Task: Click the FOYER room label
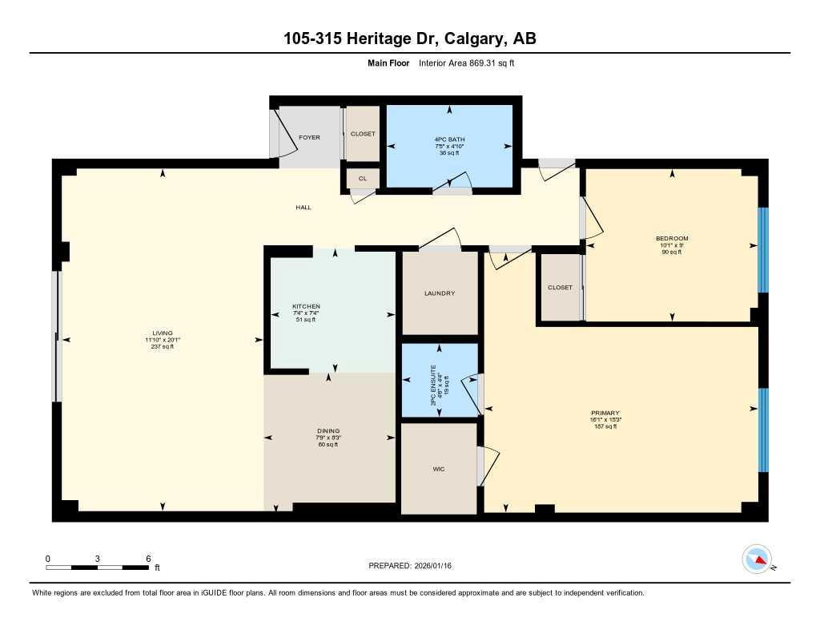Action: tap(309, 138)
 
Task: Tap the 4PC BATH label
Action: tap(448, 139)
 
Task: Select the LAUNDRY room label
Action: tap(439, 293)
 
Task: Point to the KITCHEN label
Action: tap(306, 307)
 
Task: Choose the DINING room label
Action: tap(328, 431)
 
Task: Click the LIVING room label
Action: tap(163, 333)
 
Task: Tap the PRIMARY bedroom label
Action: tap(605, 414)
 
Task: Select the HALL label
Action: tap(303, 208)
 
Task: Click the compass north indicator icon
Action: tap(757, 559)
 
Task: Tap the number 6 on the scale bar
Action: tap(148, 558)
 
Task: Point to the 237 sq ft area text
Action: tap(163, 346)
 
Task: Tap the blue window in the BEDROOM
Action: tap(762, 250)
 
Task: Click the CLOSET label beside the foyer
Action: tap(363, 134)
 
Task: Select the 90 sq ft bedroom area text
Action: tap(671, 252)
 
